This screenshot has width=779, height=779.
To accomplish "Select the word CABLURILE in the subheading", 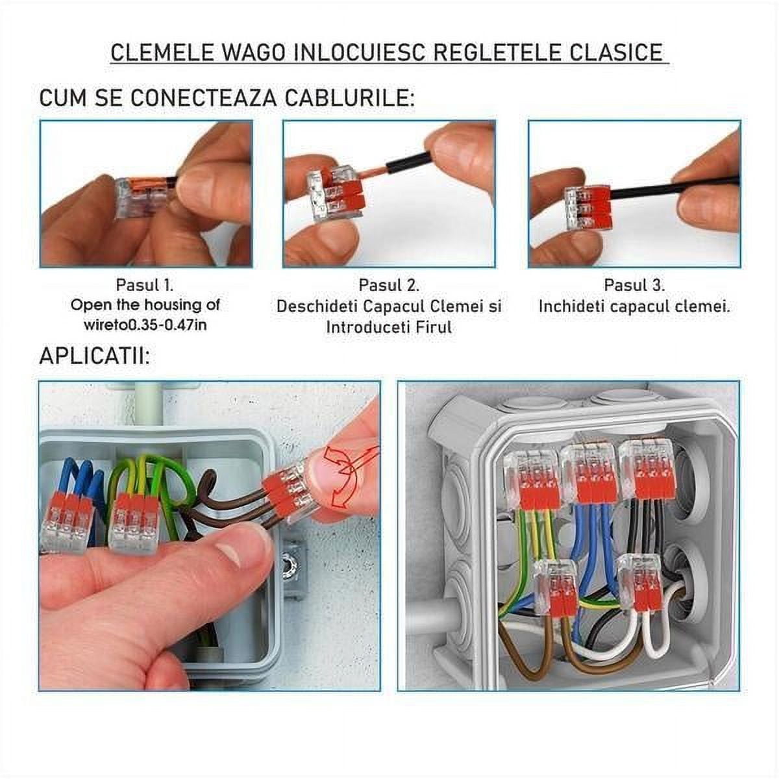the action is click(350, 97).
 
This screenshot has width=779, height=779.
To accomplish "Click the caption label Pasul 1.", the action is click(145, 285).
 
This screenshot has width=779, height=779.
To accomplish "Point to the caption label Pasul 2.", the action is click(389, 285).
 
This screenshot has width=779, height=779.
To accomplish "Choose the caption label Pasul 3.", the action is click(634, 285).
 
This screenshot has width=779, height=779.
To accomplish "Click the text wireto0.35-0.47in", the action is click(145, 325).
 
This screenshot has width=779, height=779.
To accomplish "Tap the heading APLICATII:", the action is click(94, 356).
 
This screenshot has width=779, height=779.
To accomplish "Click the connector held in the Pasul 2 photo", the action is click(334, 193).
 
